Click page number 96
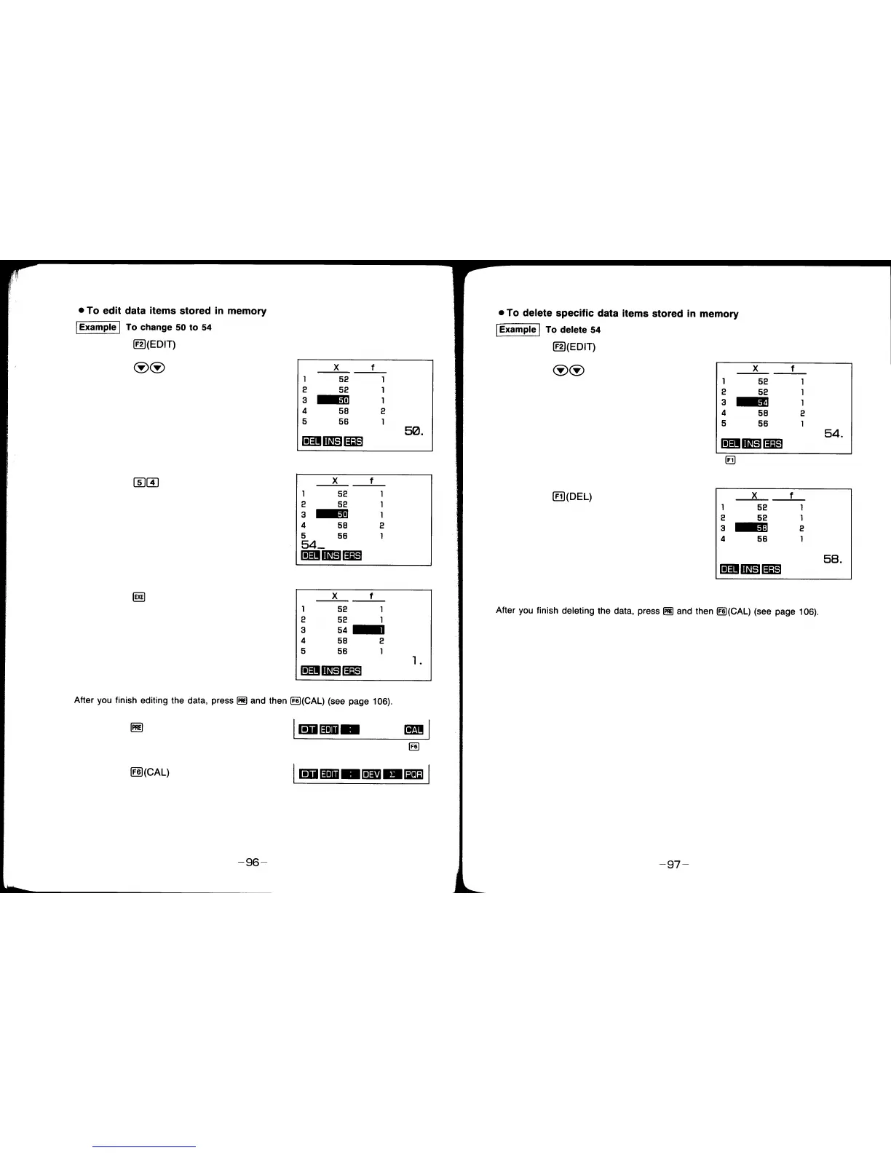[x=253, y=863]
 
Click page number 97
[x=673, y=865]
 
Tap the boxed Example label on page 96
[x=98, y=328]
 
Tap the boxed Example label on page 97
[x=518, y=330]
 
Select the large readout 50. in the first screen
[x=413, y=432]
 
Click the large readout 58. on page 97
[x=833, y=559]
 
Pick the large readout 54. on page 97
[x=833, y=434]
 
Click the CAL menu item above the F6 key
[x=413, y=730]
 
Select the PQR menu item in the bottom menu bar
[x=413, y=774]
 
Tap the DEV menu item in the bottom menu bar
[x=371, y=774]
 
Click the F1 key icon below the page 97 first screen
[x=730, y=461]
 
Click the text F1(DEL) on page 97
[x=572, y=497]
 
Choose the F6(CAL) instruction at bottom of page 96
[x=150, y=772]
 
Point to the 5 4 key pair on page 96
[x=146, y=482]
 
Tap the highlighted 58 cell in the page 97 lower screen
[x=752, y=528]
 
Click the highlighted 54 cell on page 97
[x=753, y=403]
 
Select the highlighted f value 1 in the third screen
[x=368, y=630]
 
